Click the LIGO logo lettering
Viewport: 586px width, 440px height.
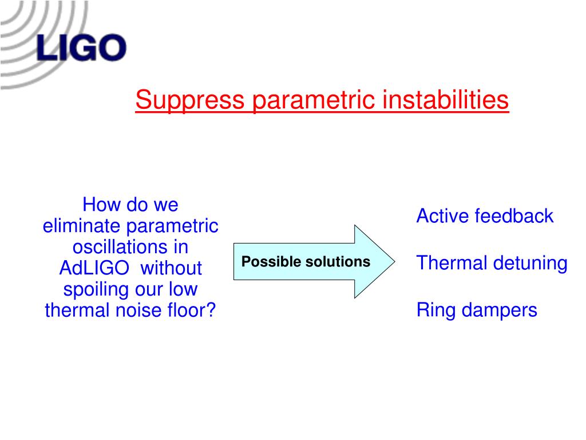[x=81, y=48]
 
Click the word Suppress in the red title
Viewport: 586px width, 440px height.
[x=190, y=100]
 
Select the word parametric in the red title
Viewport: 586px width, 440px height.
[x=314, y=100]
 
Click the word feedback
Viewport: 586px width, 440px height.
[x=512, y=216]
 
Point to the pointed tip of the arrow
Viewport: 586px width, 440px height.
[x=395, y=261]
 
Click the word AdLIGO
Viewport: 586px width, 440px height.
[x=94, y=268]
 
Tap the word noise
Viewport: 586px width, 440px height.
[x=138, y=311]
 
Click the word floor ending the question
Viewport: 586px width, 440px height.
[x=187, y=311]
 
